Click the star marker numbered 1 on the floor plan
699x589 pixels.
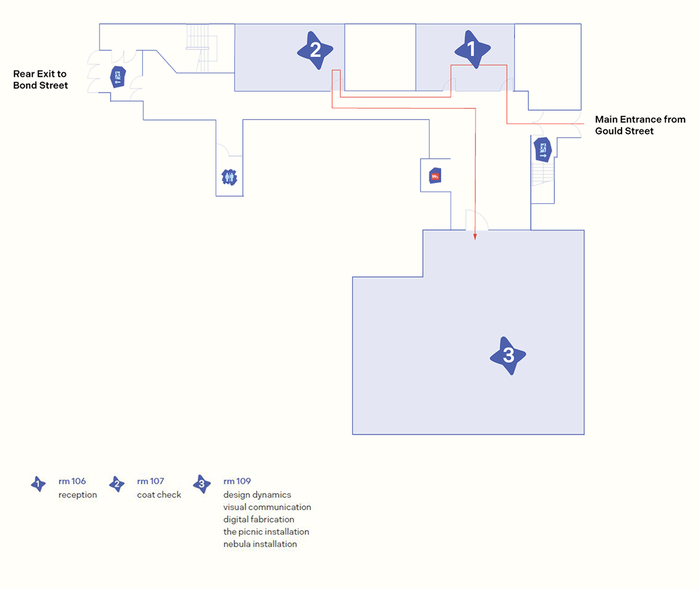pos(472,49)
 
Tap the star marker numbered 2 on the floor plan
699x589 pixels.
pos(315,50)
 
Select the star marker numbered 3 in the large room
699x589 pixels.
pos(508,355)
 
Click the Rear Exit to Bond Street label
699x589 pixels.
pos(40,79)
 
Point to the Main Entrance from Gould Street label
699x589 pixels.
pos(640,125)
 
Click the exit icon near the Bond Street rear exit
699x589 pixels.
pos(118,77)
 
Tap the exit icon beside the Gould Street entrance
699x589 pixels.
pos(543,149)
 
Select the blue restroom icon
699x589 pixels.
pos(230,177)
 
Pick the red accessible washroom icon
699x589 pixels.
pos(435,175)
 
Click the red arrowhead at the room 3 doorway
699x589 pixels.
pos(475,237)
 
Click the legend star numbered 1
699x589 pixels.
pos(38,484)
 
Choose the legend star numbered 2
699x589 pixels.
pos(116,484)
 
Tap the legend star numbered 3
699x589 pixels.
pos(202,484)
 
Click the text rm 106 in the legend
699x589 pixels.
pos(72,481)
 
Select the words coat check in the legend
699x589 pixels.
pos(159,495)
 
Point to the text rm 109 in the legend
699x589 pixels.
pos(237,481)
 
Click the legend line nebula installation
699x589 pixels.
pos(260,544)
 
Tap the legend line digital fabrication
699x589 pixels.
pos(259,519)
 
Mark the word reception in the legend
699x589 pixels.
pos(77,495)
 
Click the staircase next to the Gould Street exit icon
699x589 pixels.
pos(543,174)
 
